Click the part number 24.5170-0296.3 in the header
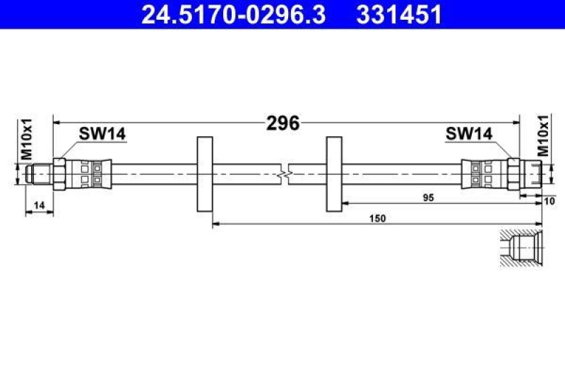234,15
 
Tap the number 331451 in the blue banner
399,15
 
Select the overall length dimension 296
283,123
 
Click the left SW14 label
102,134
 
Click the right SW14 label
469,134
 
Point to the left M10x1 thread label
27,139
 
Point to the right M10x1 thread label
543,135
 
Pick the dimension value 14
39,205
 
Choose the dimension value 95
429,198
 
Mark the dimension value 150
377,219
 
